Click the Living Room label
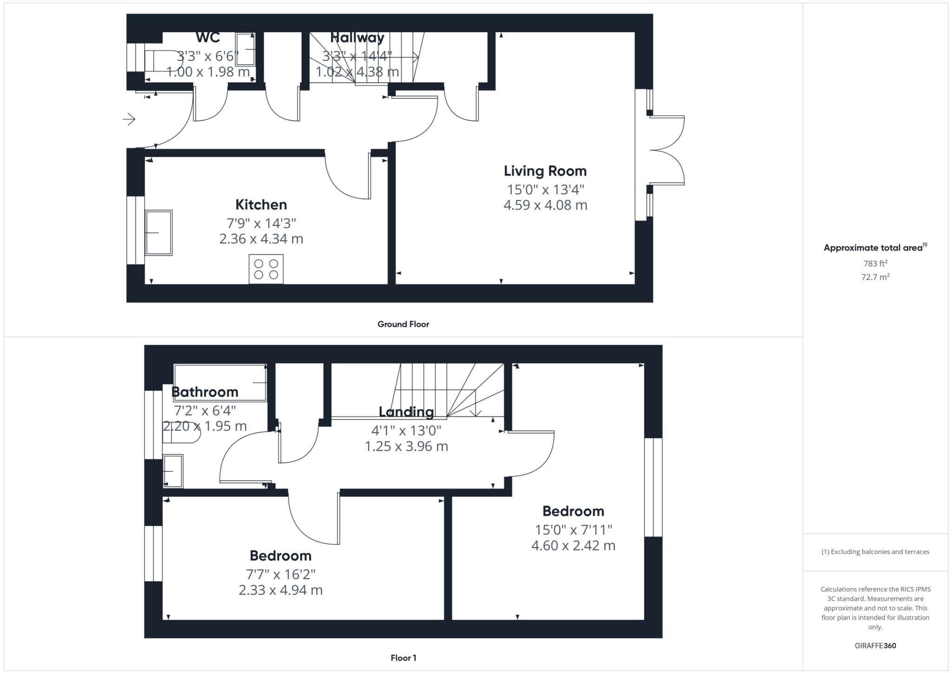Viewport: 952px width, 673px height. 545,171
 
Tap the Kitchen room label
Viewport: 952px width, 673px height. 261,205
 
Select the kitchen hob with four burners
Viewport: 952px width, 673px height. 266,269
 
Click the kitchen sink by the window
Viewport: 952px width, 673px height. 159,232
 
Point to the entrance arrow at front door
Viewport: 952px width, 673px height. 129,119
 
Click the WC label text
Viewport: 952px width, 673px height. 208,37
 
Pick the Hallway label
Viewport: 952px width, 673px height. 357,38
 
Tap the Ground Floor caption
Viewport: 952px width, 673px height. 403,324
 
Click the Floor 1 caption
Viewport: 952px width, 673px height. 403,658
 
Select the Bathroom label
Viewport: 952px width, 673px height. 205,392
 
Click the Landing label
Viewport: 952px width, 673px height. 406,412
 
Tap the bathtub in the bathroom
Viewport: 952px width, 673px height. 220,383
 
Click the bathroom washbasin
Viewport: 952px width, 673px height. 173,471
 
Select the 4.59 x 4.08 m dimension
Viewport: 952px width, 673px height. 545,205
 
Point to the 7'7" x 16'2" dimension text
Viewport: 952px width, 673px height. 280,574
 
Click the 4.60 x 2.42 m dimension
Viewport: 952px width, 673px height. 573,545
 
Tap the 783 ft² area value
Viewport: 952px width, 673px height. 875,264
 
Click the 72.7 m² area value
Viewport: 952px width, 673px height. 875,277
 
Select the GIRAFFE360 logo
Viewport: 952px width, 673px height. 875,646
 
